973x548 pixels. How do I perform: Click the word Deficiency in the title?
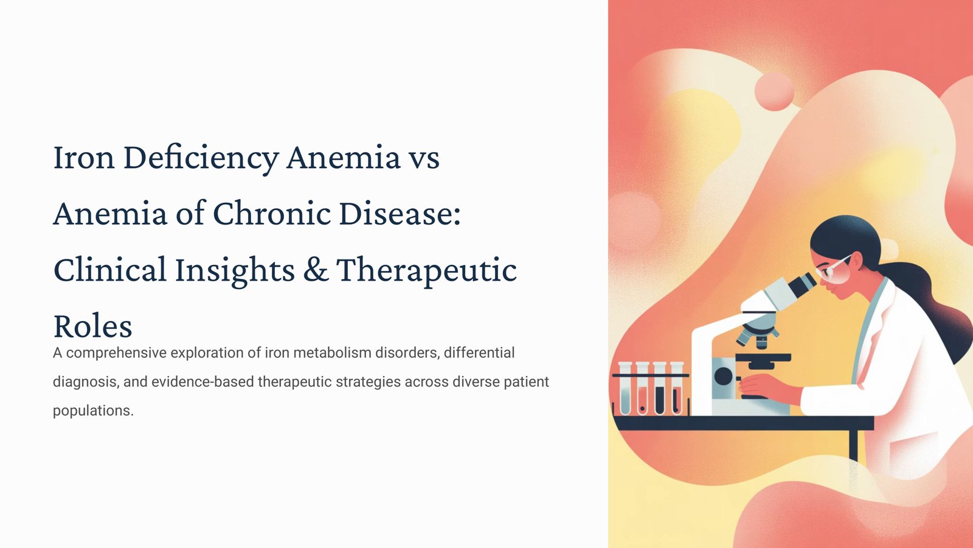[201, 158]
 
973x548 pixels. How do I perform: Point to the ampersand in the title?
[316, 269]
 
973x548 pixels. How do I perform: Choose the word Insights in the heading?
[235, 270]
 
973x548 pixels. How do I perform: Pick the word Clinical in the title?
[110, 269]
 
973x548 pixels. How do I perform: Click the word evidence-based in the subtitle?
[203, 381]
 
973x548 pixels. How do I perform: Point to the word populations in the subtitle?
[93, 411]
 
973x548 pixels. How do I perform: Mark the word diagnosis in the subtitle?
[86, 382]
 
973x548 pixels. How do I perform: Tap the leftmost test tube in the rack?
[625, 388]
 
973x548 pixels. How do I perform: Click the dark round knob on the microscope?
[723, 376]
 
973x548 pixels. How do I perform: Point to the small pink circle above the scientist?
[774, 91]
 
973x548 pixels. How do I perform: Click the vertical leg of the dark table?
[853, 445]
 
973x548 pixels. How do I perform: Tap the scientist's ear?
[858, 261]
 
